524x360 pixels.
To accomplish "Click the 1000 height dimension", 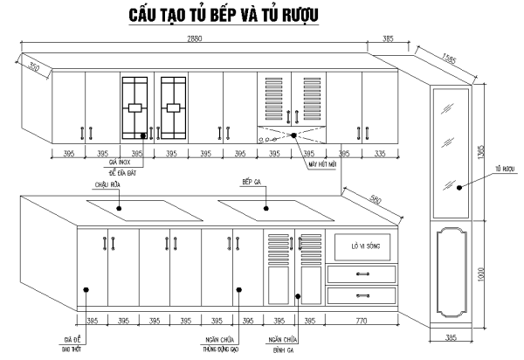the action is [x=479, y=273].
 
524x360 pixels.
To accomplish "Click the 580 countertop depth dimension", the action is [x=375, y=200].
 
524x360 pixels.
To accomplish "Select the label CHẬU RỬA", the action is [x=108, y=185].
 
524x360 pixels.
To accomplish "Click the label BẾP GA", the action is [x=253, y=182].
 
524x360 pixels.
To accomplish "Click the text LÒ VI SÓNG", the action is [x=359, y=245].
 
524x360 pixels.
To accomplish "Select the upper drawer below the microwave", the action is [x=359, y=274].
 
